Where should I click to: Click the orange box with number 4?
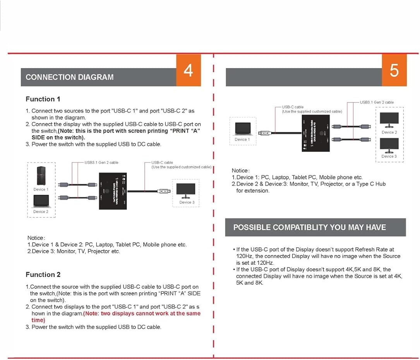click(x=189, y=70)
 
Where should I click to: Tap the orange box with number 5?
click(x=394, y=70)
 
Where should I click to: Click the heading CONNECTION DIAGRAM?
click(x=70, y=77)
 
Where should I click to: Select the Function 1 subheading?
click(x=43, y=99)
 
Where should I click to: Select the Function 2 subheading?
click(x=43, y=274)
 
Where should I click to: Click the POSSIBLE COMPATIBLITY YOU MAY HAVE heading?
click(x=309, y=227)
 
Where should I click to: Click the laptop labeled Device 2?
click(x=41, y=201)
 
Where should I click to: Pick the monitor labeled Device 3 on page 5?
click(x=389, y=146)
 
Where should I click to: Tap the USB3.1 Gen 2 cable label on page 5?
click(x=377, y=102)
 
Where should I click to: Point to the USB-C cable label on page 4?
click(x=162, y=163)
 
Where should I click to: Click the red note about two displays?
click(x=142, y=314)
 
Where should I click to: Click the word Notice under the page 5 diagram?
click(x=240, y=171)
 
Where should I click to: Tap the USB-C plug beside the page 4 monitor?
click(x=163, y=191)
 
